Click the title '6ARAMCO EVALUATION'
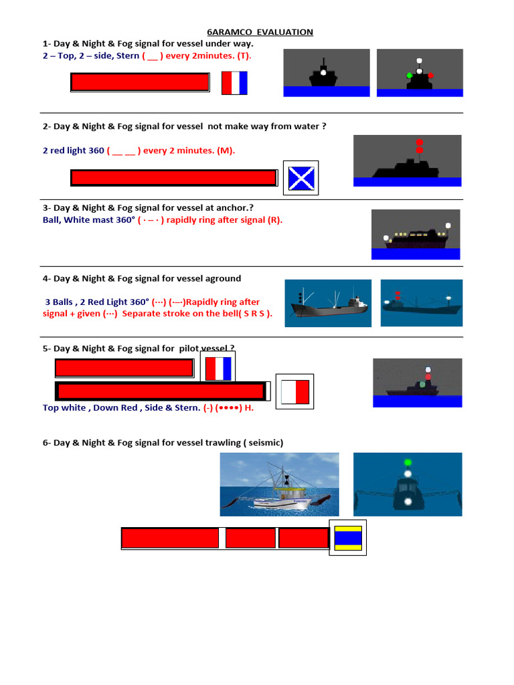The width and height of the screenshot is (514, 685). pyautogui.click(x=258, y=32)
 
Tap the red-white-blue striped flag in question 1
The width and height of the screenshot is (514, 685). pyautogui.click(x=234, y=83)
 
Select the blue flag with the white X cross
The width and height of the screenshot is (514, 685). pyautogui.click(x=301, y=178)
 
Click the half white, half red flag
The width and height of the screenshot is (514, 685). pyautogui.click(x=295, y=392)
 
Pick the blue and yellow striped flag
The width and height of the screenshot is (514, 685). pyautogui.click(x=347, y=538)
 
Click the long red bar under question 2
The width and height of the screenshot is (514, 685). pyautogui.click(x=173, y=178)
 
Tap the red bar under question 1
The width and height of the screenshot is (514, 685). pyautogui.click(x=140, y=82)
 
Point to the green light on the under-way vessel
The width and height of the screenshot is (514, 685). pyautogui.click(x=409, y=76)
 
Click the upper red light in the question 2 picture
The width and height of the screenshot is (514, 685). pyautogui.click(x=419, y=142)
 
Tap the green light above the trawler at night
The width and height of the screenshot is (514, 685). pyautogui.click(x=407, y=462)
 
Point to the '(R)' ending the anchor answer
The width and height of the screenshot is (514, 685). pyautogui.click(x=274, y=220)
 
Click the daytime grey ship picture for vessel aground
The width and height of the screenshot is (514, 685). pyautogui.click(x=328, y=303)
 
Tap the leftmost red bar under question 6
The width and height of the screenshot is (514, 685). pyautogui.click(x=170, y=538)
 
